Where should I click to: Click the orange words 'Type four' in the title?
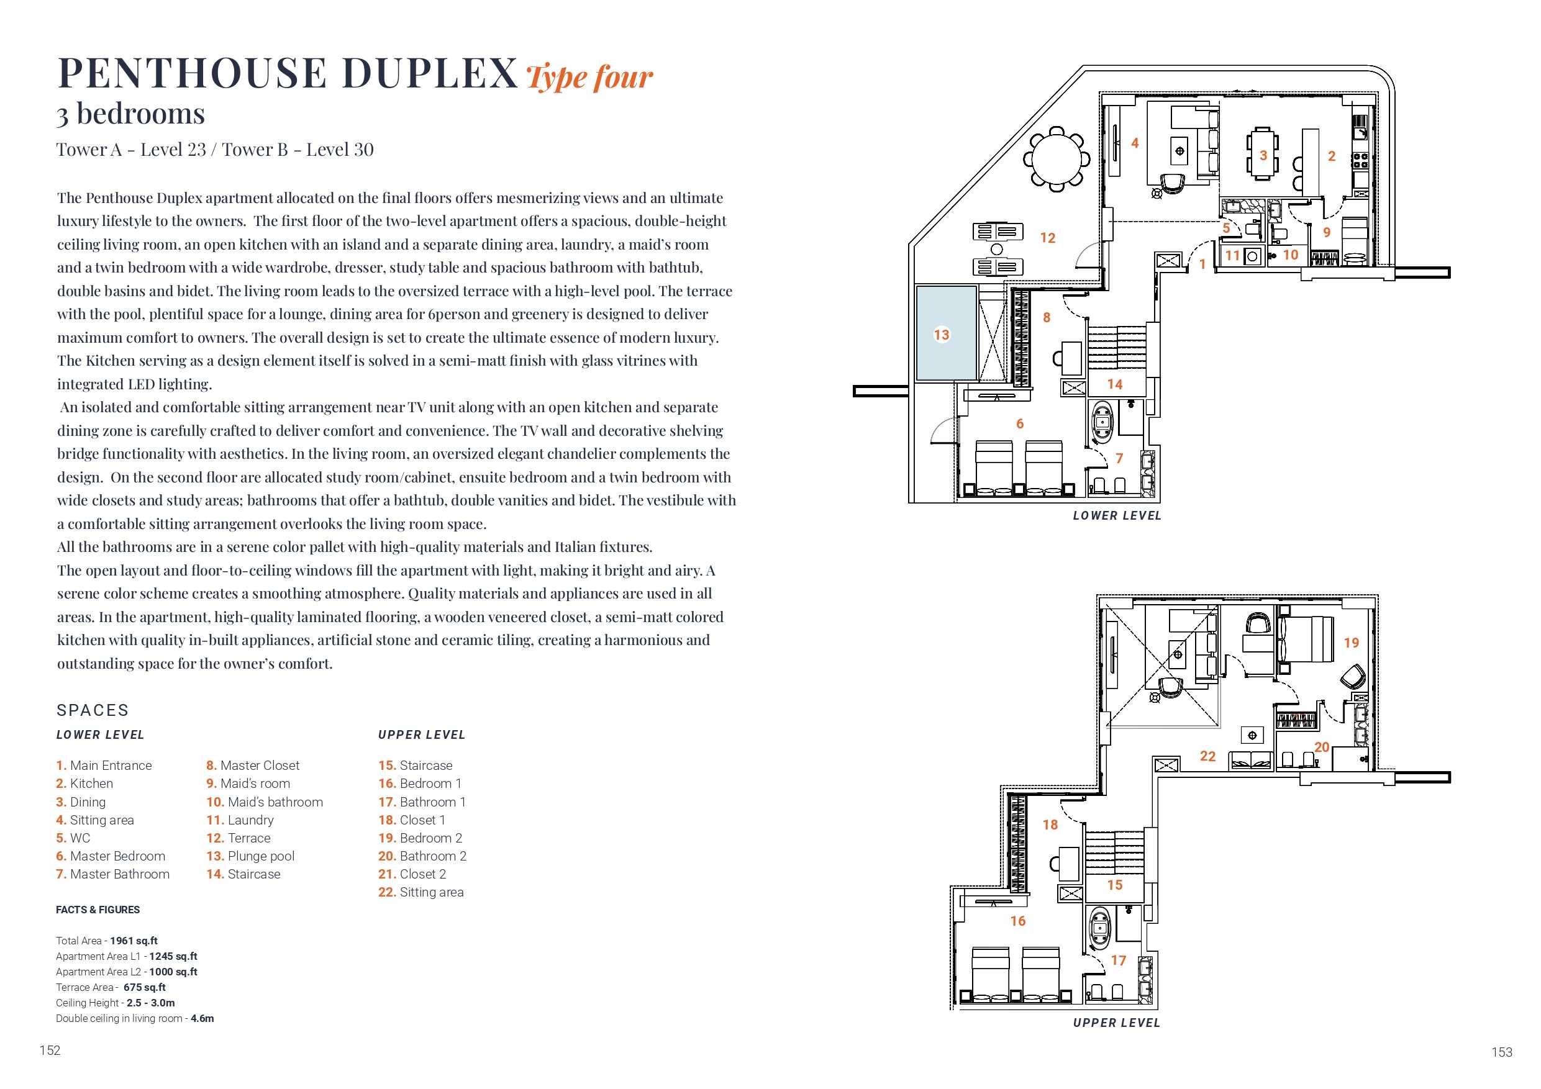click(589, 76)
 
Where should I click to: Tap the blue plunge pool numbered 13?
click(947, 333)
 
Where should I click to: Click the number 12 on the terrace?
click(1048, 238)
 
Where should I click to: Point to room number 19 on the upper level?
click(1351, 643)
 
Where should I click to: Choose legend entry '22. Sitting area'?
click(421, 892)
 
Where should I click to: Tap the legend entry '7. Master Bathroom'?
click(113, 874)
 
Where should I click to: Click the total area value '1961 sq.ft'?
click(134, 941)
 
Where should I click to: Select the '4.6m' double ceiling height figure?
click(202, 1019)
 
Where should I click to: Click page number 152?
click(50, 1051)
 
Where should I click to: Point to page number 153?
click(1502, 1052)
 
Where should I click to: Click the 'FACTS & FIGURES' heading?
click(98, 910)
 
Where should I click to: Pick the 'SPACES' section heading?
click(93, 710)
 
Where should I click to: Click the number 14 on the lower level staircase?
click(1115, 384)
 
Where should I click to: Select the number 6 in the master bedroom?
click(1019, 423)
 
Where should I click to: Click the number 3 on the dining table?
click(1263, 156)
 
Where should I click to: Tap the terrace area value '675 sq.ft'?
click(144, 988)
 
